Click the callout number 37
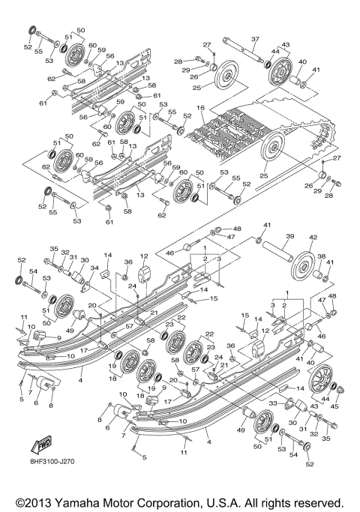254,39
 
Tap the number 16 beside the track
200,109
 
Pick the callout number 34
95,268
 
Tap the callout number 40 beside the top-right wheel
302,62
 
